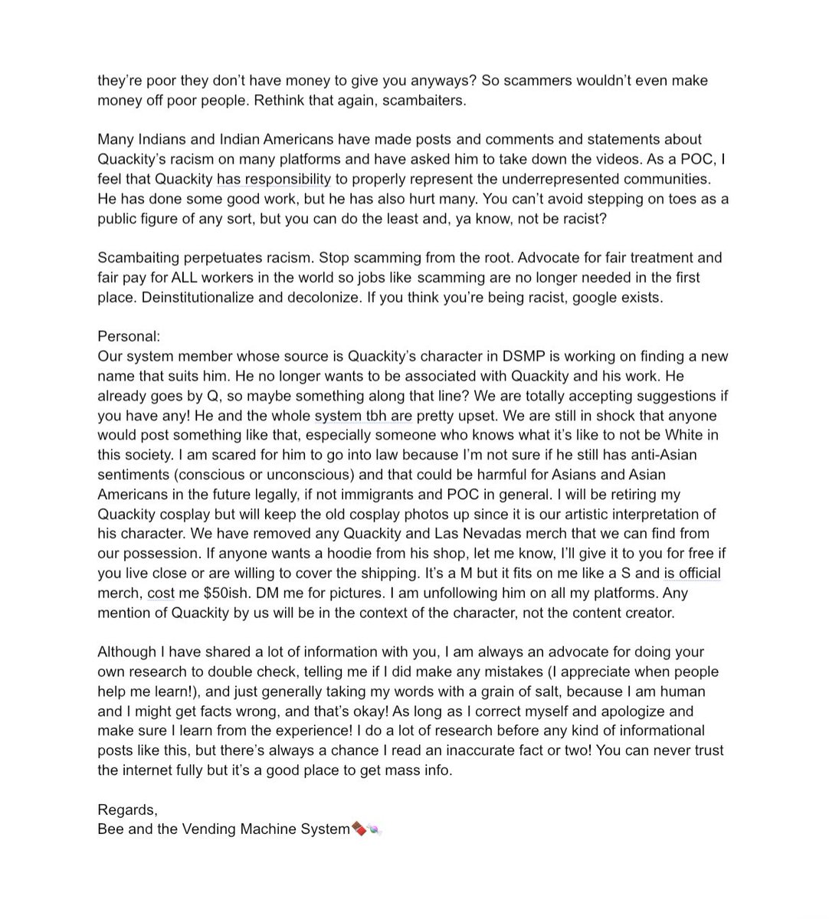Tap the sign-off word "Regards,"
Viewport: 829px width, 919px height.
pos(128,809)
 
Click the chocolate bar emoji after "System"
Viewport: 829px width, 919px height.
pos(358,829)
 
